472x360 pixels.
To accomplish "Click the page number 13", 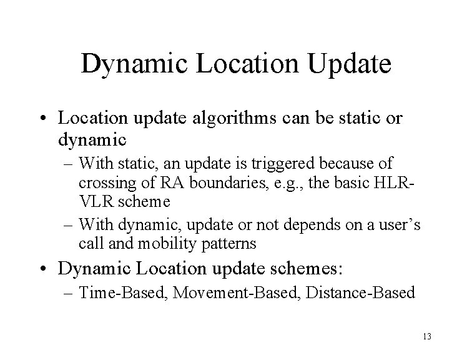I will (427, 337).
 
